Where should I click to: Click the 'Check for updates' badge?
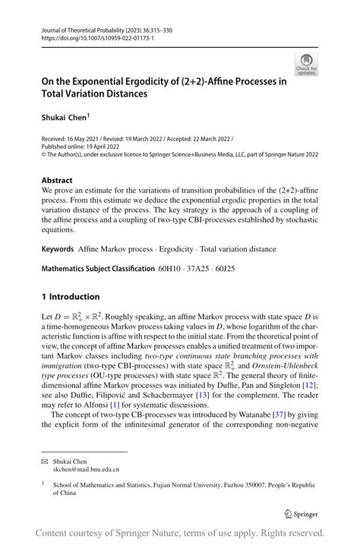point(306,65)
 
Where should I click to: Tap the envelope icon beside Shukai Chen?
point(45,461)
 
